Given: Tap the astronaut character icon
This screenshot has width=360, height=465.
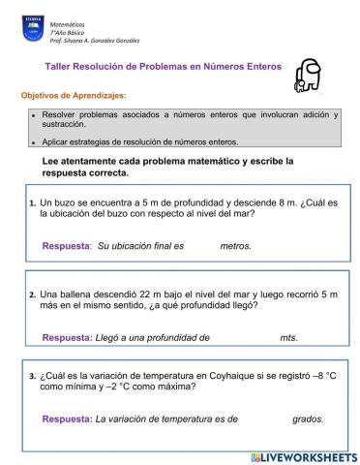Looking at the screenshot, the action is (x=307, y=76).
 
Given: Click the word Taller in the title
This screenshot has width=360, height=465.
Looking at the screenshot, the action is (x=60, y=67).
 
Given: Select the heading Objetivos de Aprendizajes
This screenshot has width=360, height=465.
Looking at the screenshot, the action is (x=74, y=96).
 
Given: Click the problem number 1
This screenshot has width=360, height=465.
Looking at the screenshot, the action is (x=32, y=203).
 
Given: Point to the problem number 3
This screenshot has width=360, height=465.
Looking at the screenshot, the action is (x=32, y=376).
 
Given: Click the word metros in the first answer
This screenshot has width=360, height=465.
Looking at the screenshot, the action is (x=235, y=246).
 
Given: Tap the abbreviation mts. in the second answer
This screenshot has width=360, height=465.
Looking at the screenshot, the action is (x=288, y=337).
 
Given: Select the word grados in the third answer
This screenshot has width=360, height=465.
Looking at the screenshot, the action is (x=308, y=419).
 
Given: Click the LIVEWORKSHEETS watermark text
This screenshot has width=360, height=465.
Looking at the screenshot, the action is (x=310, y=456).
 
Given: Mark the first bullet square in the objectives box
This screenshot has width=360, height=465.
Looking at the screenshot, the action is (x=33, y=115).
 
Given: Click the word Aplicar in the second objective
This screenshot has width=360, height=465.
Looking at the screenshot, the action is (x=59, y=141).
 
